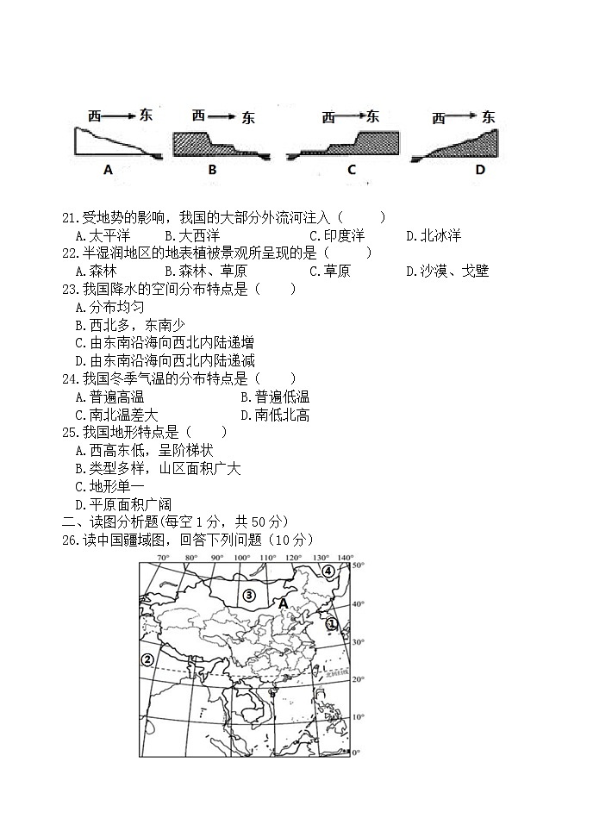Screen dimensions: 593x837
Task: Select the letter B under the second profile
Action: (x=212, y=170)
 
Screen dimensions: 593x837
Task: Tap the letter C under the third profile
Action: (x=351, y=170)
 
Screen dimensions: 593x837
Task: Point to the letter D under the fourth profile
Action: (x=480, y=170)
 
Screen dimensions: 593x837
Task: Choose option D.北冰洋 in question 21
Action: (x=434, y=235)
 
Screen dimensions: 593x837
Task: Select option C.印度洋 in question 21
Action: (x=337, y=235)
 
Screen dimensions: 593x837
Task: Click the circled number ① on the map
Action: (x=331, y=623)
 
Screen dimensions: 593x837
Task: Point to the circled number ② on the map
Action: (x=147, y=659)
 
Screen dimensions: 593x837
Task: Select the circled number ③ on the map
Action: (x=249, y=595)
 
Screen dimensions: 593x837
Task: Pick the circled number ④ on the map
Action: (x=329, y=571)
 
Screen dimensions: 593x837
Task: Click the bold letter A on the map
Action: (x=283, y=604)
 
